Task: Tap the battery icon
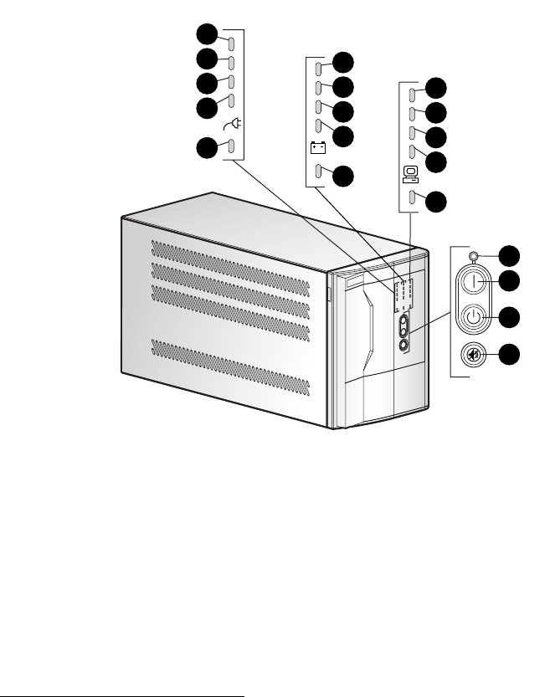click(x=319, y=149)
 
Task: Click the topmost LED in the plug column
click(x=232, y=41)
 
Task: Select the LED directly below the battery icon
click(x=319, y=173)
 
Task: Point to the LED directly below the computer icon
click(x=411, y=198)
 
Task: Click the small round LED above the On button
click(x=475, y=256)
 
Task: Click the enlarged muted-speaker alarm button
click(x=475, y=354)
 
